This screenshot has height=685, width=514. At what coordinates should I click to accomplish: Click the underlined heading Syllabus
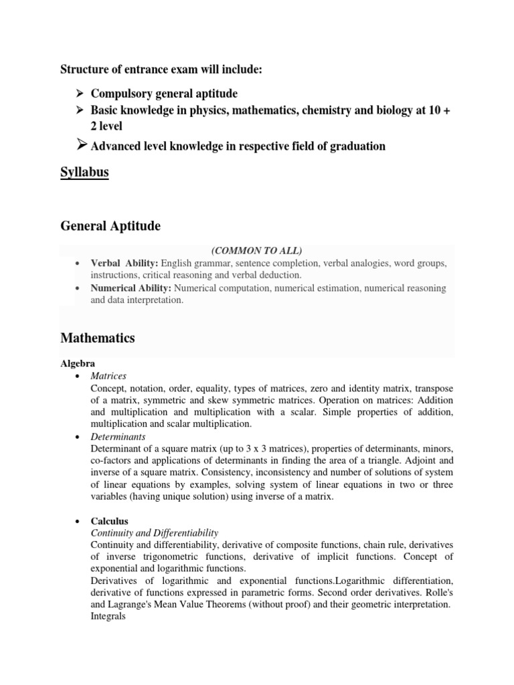(85, 173)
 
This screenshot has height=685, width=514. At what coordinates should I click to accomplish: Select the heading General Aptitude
(110, 226)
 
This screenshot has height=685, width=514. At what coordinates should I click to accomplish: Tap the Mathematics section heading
(98, 338)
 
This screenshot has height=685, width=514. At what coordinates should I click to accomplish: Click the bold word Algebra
(78, 363)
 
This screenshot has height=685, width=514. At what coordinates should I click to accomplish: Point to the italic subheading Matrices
(108, 376)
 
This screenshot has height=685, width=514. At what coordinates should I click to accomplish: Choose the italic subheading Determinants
(118, 436)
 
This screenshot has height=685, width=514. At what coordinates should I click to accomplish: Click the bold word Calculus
(109, 520)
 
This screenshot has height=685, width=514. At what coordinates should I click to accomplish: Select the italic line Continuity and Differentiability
(155, 533)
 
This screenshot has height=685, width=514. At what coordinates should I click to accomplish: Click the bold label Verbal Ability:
(124, 263)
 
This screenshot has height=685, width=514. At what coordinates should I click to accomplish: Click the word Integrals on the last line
(108, 617)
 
